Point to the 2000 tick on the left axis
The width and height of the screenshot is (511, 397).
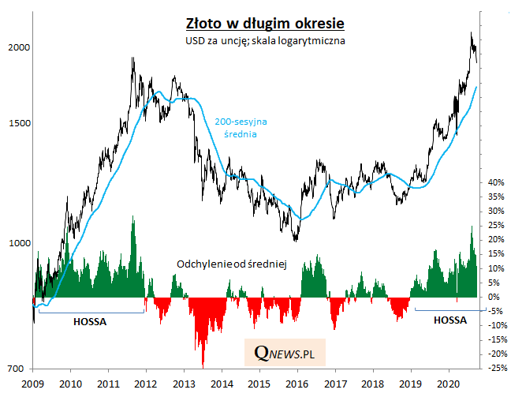17,47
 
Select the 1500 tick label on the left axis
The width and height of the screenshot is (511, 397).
17,123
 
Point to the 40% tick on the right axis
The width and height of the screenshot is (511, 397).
496,182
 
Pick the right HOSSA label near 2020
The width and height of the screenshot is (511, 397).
449,320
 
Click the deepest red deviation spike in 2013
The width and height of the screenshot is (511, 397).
203,365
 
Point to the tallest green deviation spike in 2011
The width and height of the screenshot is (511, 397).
133,217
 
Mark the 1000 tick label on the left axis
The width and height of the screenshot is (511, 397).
17,244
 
